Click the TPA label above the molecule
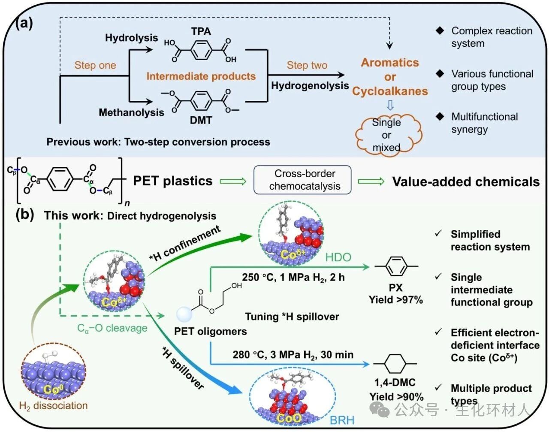pos(201,31)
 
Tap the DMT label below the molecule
pos(201,120)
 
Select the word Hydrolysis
pos(131,38)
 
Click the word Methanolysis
pos(131,112)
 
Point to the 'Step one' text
pos(95,65)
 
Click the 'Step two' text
pos(307,65)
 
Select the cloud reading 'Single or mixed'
pos(387,135)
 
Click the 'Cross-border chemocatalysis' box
pos(305,180)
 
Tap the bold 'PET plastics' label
pos(172,181)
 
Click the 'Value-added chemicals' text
pos(466,181)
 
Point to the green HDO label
pos(338,257)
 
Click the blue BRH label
pos(342,420)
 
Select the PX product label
pos(395,287)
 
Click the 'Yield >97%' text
pos(395,299)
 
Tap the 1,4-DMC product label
pos(395,382)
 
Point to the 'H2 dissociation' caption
pos(54,405)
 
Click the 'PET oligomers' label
pos(210,331)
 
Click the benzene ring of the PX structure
pos(396,266)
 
